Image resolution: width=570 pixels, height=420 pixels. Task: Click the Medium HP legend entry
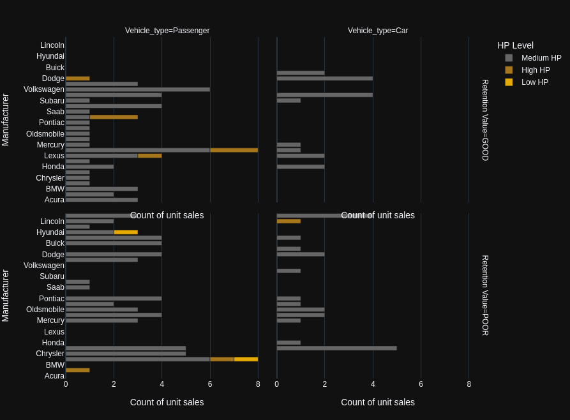(x=541, y=58)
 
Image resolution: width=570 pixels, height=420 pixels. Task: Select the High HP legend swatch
(x=509, y=70)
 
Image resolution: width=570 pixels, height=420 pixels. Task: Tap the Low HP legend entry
(x=534, y=82)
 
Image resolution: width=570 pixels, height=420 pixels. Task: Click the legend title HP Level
(x=515, y=45)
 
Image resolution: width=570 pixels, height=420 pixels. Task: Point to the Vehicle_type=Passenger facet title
(x=167, y=31)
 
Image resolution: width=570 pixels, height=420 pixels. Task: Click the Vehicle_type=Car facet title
(x=378, y=31)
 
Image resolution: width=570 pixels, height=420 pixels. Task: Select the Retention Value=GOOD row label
(x=485, y=120)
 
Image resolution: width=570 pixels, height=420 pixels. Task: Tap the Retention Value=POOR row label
(x=485, y=296)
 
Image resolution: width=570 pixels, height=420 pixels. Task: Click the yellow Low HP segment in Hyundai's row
(x=126, y=232)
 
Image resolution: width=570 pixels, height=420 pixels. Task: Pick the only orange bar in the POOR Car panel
(x=289, y=221)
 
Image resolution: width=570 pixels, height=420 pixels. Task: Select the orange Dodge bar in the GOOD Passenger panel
(x=78, y=79)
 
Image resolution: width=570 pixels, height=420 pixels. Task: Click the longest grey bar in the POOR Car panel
(x=336, y=349)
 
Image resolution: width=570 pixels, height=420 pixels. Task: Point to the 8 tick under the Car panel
(x=469, y=384)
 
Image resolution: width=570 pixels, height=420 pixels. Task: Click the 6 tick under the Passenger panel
(x=210, y=384)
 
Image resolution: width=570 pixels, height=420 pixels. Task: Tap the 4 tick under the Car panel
(x=373, y=384)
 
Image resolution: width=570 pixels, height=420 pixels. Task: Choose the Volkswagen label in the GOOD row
(x=44, y=89)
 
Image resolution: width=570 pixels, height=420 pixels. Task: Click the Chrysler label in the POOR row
(x=50, y=354)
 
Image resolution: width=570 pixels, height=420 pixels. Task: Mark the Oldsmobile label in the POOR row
(x=45, y=310)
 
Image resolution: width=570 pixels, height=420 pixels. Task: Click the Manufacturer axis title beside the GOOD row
(x=6, y=120)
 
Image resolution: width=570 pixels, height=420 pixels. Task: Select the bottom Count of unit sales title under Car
(x=378, y=402)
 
